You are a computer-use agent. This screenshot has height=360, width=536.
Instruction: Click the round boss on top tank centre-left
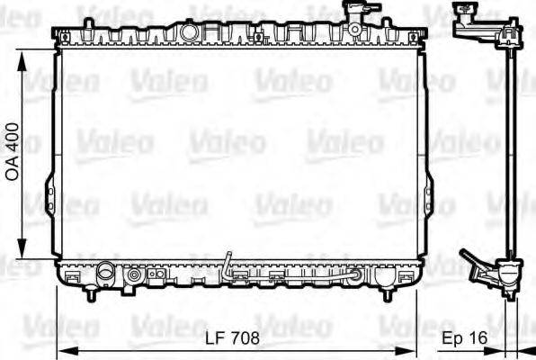(x=189, y=31)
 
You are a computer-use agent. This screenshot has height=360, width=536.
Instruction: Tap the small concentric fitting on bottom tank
(x=135, y=274)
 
